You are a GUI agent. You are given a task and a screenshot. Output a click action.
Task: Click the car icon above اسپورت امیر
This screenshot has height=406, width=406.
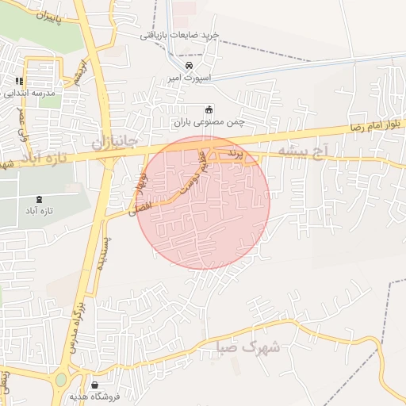189,65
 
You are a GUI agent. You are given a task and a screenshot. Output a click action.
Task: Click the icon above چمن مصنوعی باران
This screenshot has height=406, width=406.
209,109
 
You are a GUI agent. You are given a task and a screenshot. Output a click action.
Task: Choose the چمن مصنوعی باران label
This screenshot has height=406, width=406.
209,122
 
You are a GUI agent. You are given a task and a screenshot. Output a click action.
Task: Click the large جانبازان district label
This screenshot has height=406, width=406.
115,142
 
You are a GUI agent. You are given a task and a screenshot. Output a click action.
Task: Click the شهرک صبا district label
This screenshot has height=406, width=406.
250,347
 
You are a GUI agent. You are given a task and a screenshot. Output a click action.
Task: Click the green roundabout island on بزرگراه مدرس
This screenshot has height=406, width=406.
61,380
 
